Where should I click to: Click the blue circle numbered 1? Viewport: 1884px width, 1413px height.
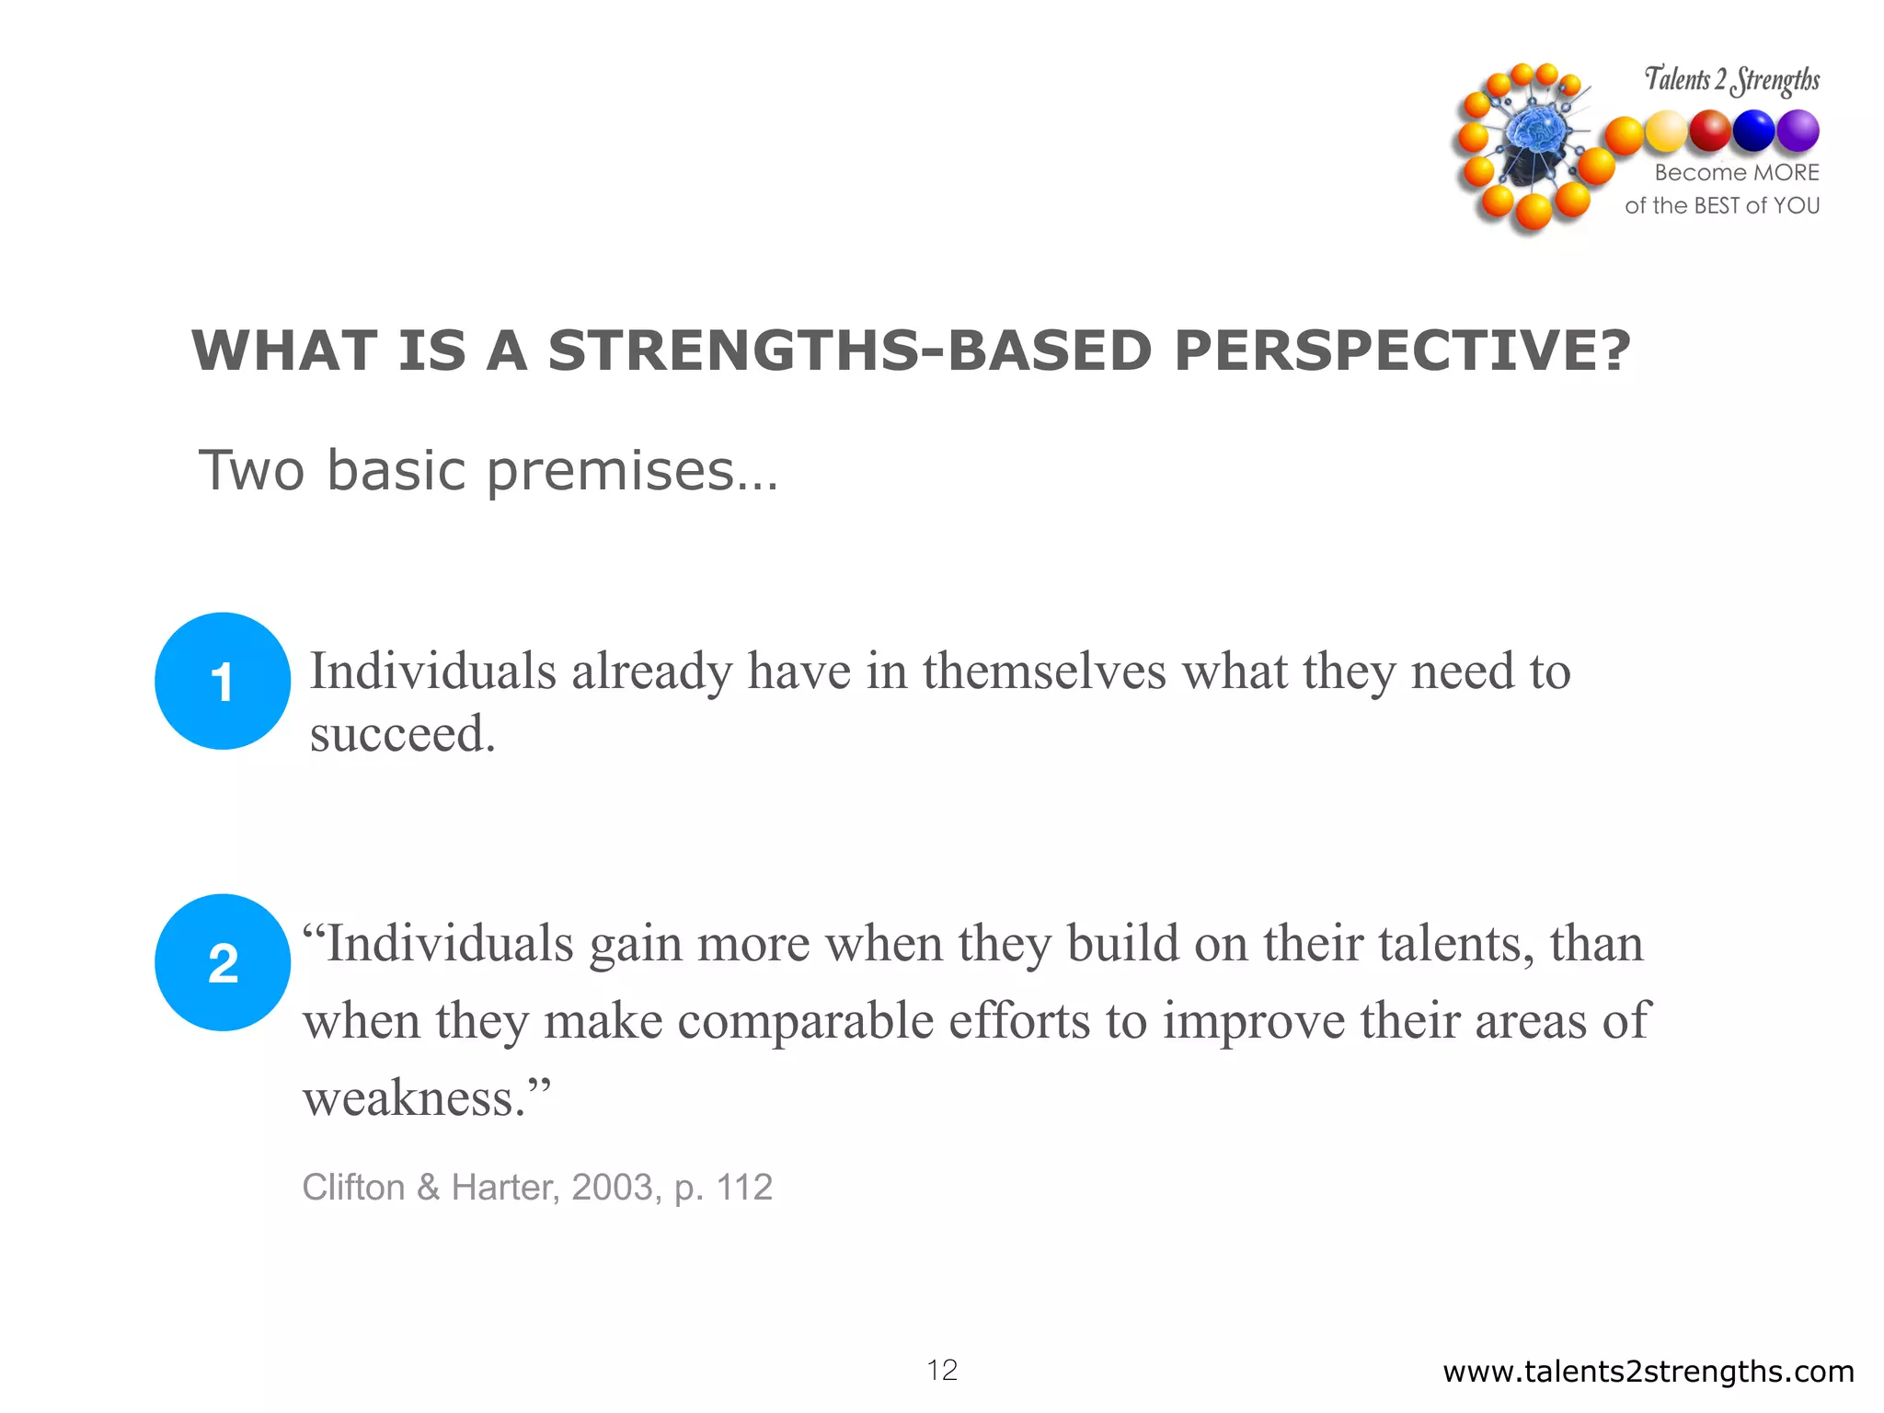pyautogui.click(x=223, y=681)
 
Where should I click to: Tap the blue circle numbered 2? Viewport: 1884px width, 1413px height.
pyautogui.click(x=223, y=962)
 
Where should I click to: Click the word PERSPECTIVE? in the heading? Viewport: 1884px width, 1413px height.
pyautogui.click(x=1402, y=350)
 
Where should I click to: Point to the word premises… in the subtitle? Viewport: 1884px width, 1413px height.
pyautogui.click(x=632, y=471)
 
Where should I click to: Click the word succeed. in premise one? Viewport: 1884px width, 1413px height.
pyautogui.click(x=402, y=734)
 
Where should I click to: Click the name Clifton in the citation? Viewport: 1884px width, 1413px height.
pyautogui.click(x=353, y=1188)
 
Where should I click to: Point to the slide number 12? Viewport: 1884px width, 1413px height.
pyautogui.click(x=942, y=1370)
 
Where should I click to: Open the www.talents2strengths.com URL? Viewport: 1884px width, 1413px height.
pyautogui.click(x=1648, y=1372)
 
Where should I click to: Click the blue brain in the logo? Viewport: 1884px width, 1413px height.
pyautogui.click(x=1534, y=134)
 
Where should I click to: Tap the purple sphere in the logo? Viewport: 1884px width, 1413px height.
pyautogui.click(x=1798, y=131)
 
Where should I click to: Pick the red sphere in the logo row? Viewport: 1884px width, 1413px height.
pyautogui.click(x=1710, y=131)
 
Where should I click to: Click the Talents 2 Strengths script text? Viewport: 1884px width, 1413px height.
pyautogui.click(x=1731, y=80)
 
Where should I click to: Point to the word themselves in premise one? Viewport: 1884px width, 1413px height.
pyautogui.click(x=1044, y=671)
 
